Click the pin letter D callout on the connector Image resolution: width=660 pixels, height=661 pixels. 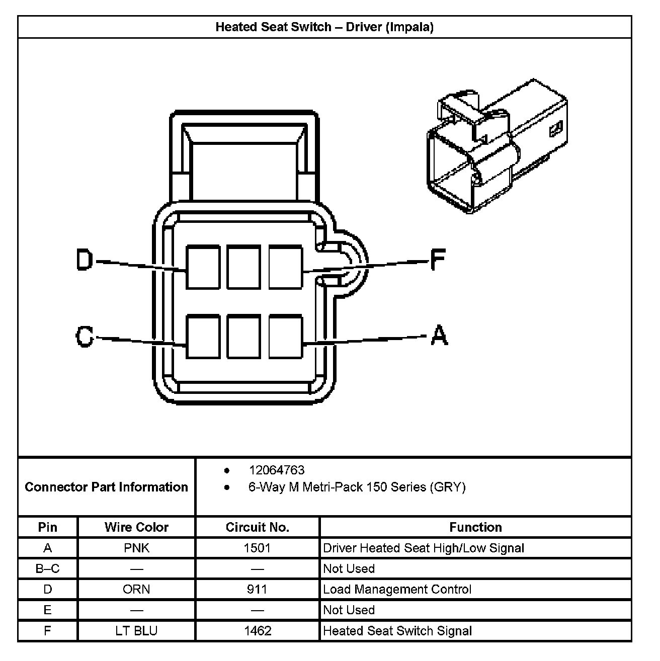coord(85,261)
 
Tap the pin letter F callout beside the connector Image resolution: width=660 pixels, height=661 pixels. coord(438,261)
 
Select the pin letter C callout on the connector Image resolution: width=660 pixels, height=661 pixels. coord(85,337)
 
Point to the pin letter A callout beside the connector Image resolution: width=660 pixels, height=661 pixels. coord(439,336)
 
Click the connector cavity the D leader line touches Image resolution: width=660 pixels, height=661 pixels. coord(203,267)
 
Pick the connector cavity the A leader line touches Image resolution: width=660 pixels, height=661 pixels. coord(286,337)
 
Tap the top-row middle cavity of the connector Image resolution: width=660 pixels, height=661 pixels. coord(244,267)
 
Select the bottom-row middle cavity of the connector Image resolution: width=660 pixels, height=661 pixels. coord(244,337)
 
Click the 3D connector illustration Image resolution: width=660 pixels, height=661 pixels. coord(497,146)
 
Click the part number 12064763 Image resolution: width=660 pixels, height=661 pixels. coord(277,470)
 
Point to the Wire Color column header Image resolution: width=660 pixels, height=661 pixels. coord(136,527)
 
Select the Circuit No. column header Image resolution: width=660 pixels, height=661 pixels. coord(258,527)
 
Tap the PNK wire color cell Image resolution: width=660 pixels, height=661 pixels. coord(136,548)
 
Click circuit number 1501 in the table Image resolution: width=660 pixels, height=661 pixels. coord(257,548)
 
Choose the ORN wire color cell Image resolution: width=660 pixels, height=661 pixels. coord(136,589)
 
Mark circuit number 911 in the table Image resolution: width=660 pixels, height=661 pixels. coord(257,589)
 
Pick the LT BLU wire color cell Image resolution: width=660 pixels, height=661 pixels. coord(136,631)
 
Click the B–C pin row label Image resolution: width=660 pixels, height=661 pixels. coord(48,568)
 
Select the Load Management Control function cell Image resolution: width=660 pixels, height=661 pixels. coord(397,589)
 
